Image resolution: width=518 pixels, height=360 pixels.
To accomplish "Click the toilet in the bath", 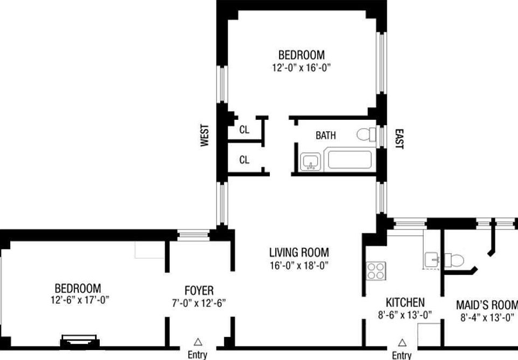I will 366,134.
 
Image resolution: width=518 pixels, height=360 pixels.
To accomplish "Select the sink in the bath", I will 310,161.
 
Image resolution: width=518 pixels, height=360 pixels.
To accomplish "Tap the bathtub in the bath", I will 350,161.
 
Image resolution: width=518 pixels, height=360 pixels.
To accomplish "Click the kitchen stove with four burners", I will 375,270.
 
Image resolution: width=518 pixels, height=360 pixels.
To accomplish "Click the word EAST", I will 399,139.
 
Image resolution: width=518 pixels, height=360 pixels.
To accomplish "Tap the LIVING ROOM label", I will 299,252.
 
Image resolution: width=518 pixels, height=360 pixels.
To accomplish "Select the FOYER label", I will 199,290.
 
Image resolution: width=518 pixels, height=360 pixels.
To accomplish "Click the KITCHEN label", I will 405,302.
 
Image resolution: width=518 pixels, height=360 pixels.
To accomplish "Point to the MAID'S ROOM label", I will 487,304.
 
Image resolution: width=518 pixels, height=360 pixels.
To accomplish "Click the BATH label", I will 325,135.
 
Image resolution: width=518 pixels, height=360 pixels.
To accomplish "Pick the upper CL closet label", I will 244,130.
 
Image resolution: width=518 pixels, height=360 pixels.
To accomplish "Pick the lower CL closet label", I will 244,160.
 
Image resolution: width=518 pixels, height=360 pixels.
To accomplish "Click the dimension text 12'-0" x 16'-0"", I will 301,68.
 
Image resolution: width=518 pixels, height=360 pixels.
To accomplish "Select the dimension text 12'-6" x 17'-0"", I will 78,300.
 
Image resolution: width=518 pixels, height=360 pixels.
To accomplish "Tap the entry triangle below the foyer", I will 198,341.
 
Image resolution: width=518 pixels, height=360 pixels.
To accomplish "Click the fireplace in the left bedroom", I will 80,341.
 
